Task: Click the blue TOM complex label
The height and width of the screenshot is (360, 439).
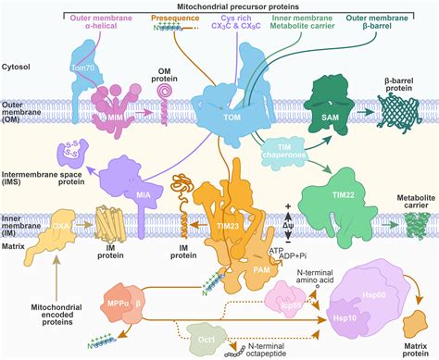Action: tap(221, 120)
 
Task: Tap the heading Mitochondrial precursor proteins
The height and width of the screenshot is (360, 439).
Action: tap(244, 6)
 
